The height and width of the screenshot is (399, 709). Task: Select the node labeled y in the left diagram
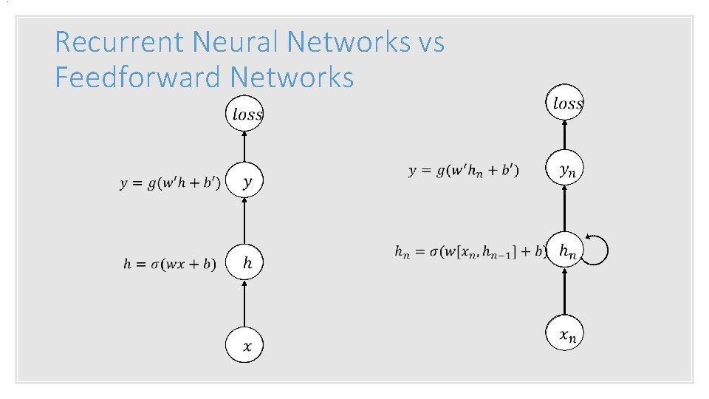[x=244, y=181]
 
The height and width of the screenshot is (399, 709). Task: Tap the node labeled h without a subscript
[x=244, y=262]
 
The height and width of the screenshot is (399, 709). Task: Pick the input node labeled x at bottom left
[x=244, y=345]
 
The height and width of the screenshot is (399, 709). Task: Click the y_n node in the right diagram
[x=565, y=170]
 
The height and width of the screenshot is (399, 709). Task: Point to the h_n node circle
[x=565, y=251]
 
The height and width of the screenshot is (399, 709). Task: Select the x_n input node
[x=565, y=335]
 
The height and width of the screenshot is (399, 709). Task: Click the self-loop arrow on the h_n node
[x=598, y=250]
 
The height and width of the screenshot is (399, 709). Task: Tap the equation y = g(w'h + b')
[x=170, y=183]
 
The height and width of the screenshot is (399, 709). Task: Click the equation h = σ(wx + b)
[x=169, y=264]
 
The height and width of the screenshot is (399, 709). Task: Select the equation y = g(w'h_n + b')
[x=463, y=171]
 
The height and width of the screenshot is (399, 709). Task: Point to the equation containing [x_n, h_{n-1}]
[x=470, y=252]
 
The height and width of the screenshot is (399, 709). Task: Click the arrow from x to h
[x=244, y=304]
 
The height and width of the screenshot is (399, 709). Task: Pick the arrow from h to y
[x=244, y=222]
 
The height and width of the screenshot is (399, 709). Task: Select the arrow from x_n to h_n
[x=565, y=293]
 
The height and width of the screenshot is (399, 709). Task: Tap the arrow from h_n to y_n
[x=565, y=211]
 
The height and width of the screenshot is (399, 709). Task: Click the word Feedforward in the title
[x=138, y=76]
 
